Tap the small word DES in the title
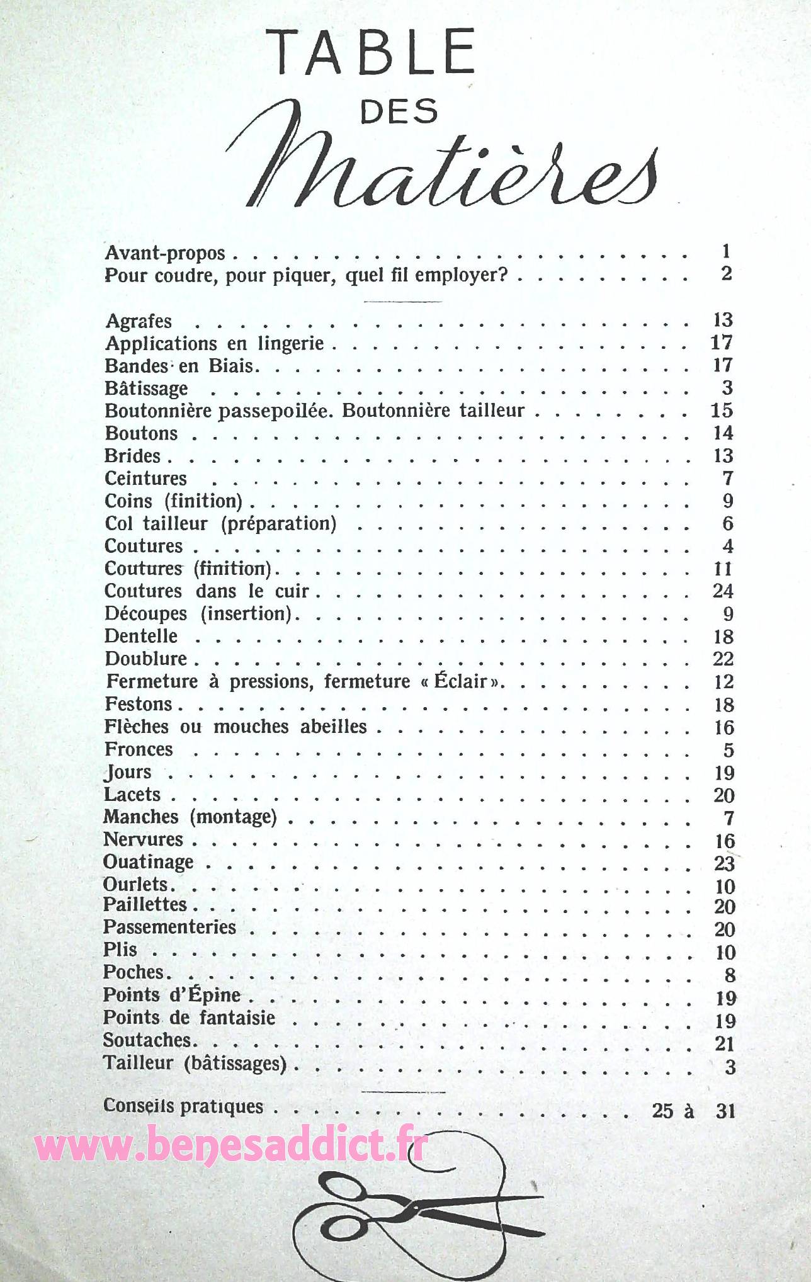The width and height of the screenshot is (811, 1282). (x=399, y=111)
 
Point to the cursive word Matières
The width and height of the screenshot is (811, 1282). (x=441, y=168)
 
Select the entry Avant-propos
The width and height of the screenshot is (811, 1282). (x=165, y=253)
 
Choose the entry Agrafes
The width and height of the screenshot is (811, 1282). (x=139, y=321)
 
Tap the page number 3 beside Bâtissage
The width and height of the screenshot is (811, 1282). (x=727, y=388)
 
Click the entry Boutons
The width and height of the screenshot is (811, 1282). (x=141, y=433)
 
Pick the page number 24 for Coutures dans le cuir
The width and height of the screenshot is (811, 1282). (x=723, y=591)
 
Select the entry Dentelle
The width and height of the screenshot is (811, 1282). (x=141, y=636)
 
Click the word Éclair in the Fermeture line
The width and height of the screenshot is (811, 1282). (x=461, y=681)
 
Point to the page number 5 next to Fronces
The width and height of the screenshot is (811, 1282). (x=729, y=750)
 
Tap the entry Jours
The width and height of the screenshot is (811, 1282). (x=128, y=772)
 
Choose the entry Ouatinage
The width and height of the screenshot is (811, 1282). (x=149, y=862)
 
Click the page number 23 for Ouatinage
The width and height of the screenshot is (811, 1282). (x=724, y=863)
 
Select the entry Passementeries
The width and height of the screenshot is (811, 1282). (x=169, y=927)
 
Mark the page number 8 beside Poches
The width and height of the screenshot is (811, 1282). (x=729, y=975)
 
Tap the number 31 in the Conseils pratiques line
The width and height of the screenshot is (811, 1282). (x=725, y=1111)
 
